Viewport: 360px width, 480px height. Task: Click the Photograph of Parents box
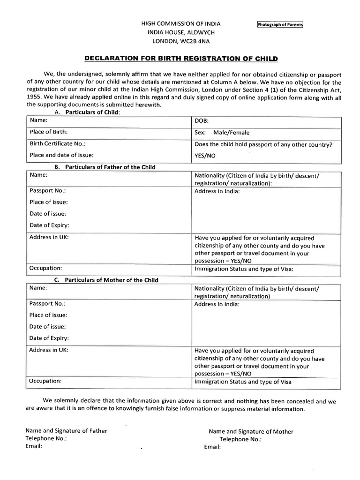click(x=280, y=25)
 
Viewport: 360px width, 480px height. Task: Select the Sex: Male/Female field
click(x=222, y=133)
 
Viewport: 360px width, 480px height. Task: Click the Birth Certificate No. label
click(x=58, y=144)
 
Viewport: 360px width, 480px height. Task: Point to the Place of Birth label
click(x=49, y=132)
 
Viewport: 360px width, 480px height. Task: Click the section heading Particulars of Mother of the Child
click(x=111, y=280)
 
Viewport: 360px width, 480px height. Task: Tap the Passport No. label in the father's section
click(x=47, y=191)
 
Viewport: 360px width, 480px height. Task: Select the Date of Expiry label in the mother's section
click(x=49, y=338)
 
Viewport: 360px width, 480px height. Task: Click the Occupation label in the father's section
click(x=45, y=268)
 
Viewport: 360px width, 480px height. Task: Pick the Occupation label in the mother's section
click(x=45, y=381)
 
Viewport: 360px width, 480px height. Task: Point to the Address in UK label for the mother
click(x=49, y=350)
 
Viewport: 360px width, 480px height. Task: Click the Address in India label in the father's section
click(x=217, y=191)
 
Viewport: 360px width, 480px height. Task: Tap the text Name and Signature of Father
click(x=66, y=431)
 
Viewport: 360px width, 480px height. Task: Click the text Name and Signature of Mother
click(x=251, y=431)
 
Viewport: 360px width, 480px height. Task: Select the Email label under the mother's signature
click(x=212, y=447)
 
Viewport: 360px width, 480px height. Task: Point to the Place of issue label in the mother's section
click(x=48, y=315)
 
